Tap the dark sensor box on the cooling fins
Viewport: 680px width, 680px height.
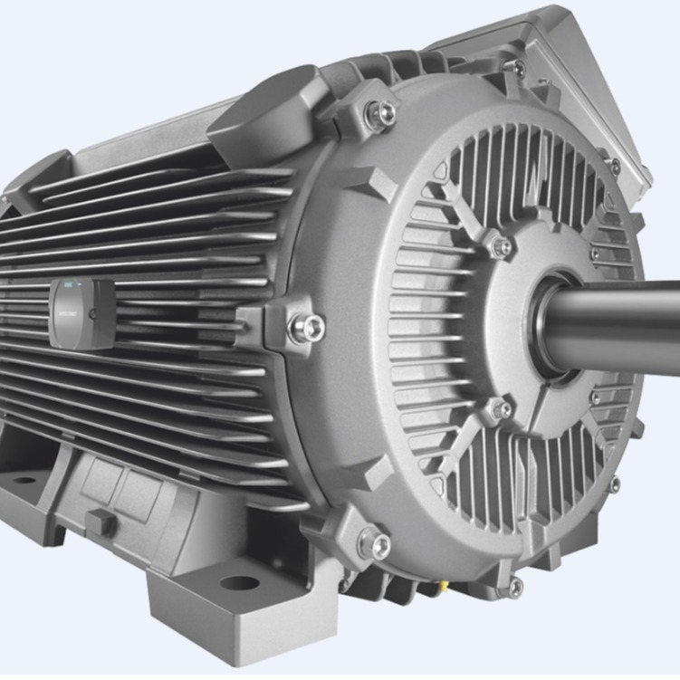[x=81, y=313]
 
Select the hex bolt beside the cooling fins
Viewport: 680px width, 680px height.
[x=304, y=327]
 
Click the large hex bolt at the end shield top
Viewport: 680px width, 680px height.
[x=382, y=112]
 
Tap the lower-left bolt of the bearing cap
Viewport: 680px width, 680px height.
[x=499, y=409]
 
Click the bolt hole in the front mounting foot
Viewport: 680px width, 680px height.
[x=236, y=583]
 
